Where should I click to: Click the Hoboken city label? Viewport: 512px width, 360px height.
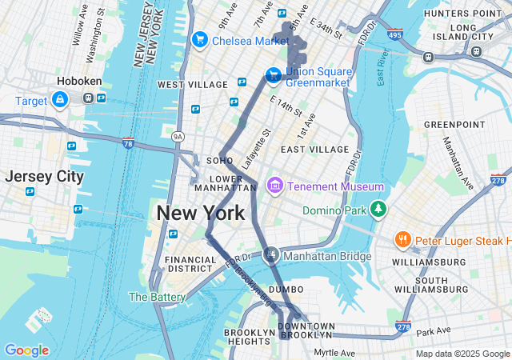tap(78, 81)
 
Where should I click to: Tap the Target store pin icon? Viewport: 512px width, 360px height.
tap(59, 99)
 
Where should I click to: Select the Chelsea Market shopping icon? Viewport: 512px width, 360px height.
tap(200, 39)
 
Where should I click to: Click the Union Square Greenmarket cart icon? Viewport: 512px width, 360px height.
tap(273, 74)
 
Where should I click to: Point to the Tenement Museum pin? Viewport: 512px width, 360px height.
tap(275, 186)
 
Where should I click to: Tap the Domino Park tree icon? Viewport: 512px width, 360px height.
tap(378, 210)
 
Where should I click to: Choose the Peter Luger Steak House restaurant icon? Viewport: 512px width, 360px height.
tap(402, 240)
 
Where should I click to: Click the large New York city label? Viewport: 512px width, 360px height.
tap(200, 214)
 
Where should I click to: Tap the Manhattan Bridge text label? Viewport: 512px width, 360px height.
tap(328, 256)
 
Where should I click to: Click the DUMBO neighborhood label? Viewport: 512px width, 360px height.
tap(286, 289)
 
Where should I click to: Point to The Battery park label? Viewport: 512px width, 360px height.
tap(157, 297)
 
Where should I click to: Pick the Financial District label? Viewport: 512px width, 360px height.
tap(190, 265)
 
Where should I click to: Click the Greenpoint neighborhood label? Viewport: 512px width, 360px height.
tap(454, 125)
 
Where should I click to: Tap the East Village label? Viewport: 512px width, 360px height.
tap(315, 150)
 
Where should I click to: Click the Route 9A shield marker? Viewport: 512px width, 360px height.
tap(178, 138)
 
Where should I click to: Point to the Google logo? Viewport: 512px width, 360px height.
tap(26, 350)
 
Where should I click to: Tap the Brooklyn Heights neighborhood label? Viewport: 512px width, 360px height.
tap(250, 337)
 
